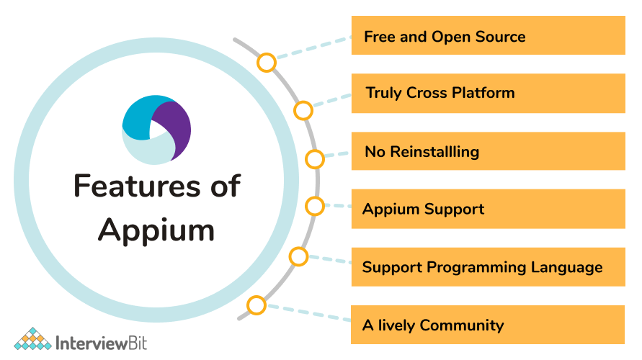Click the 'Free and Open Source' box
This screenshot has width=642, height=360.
point(488,35)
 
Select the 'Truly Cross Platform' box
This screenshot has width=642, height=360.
point(488,94)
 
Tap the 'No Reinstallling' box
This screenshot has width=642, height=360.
point(488,151)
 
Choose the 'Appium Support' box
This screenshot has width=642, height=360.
point(488,209)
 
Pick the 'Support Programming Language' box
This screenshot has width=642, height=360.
point(488,266)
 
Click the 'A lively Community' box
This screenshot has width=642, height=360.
point(488,325)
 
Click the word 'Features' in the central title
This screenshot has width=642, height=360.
point(137,186)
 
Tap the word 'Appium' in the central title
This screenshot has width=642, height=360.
point(156,231)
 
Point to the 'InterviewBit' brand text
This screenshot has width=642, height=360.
point(101,343)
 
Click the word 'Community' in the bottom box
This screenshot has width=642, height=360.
point(462,325)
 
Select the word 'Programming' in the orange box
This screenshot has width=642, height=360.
point(476,268)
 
